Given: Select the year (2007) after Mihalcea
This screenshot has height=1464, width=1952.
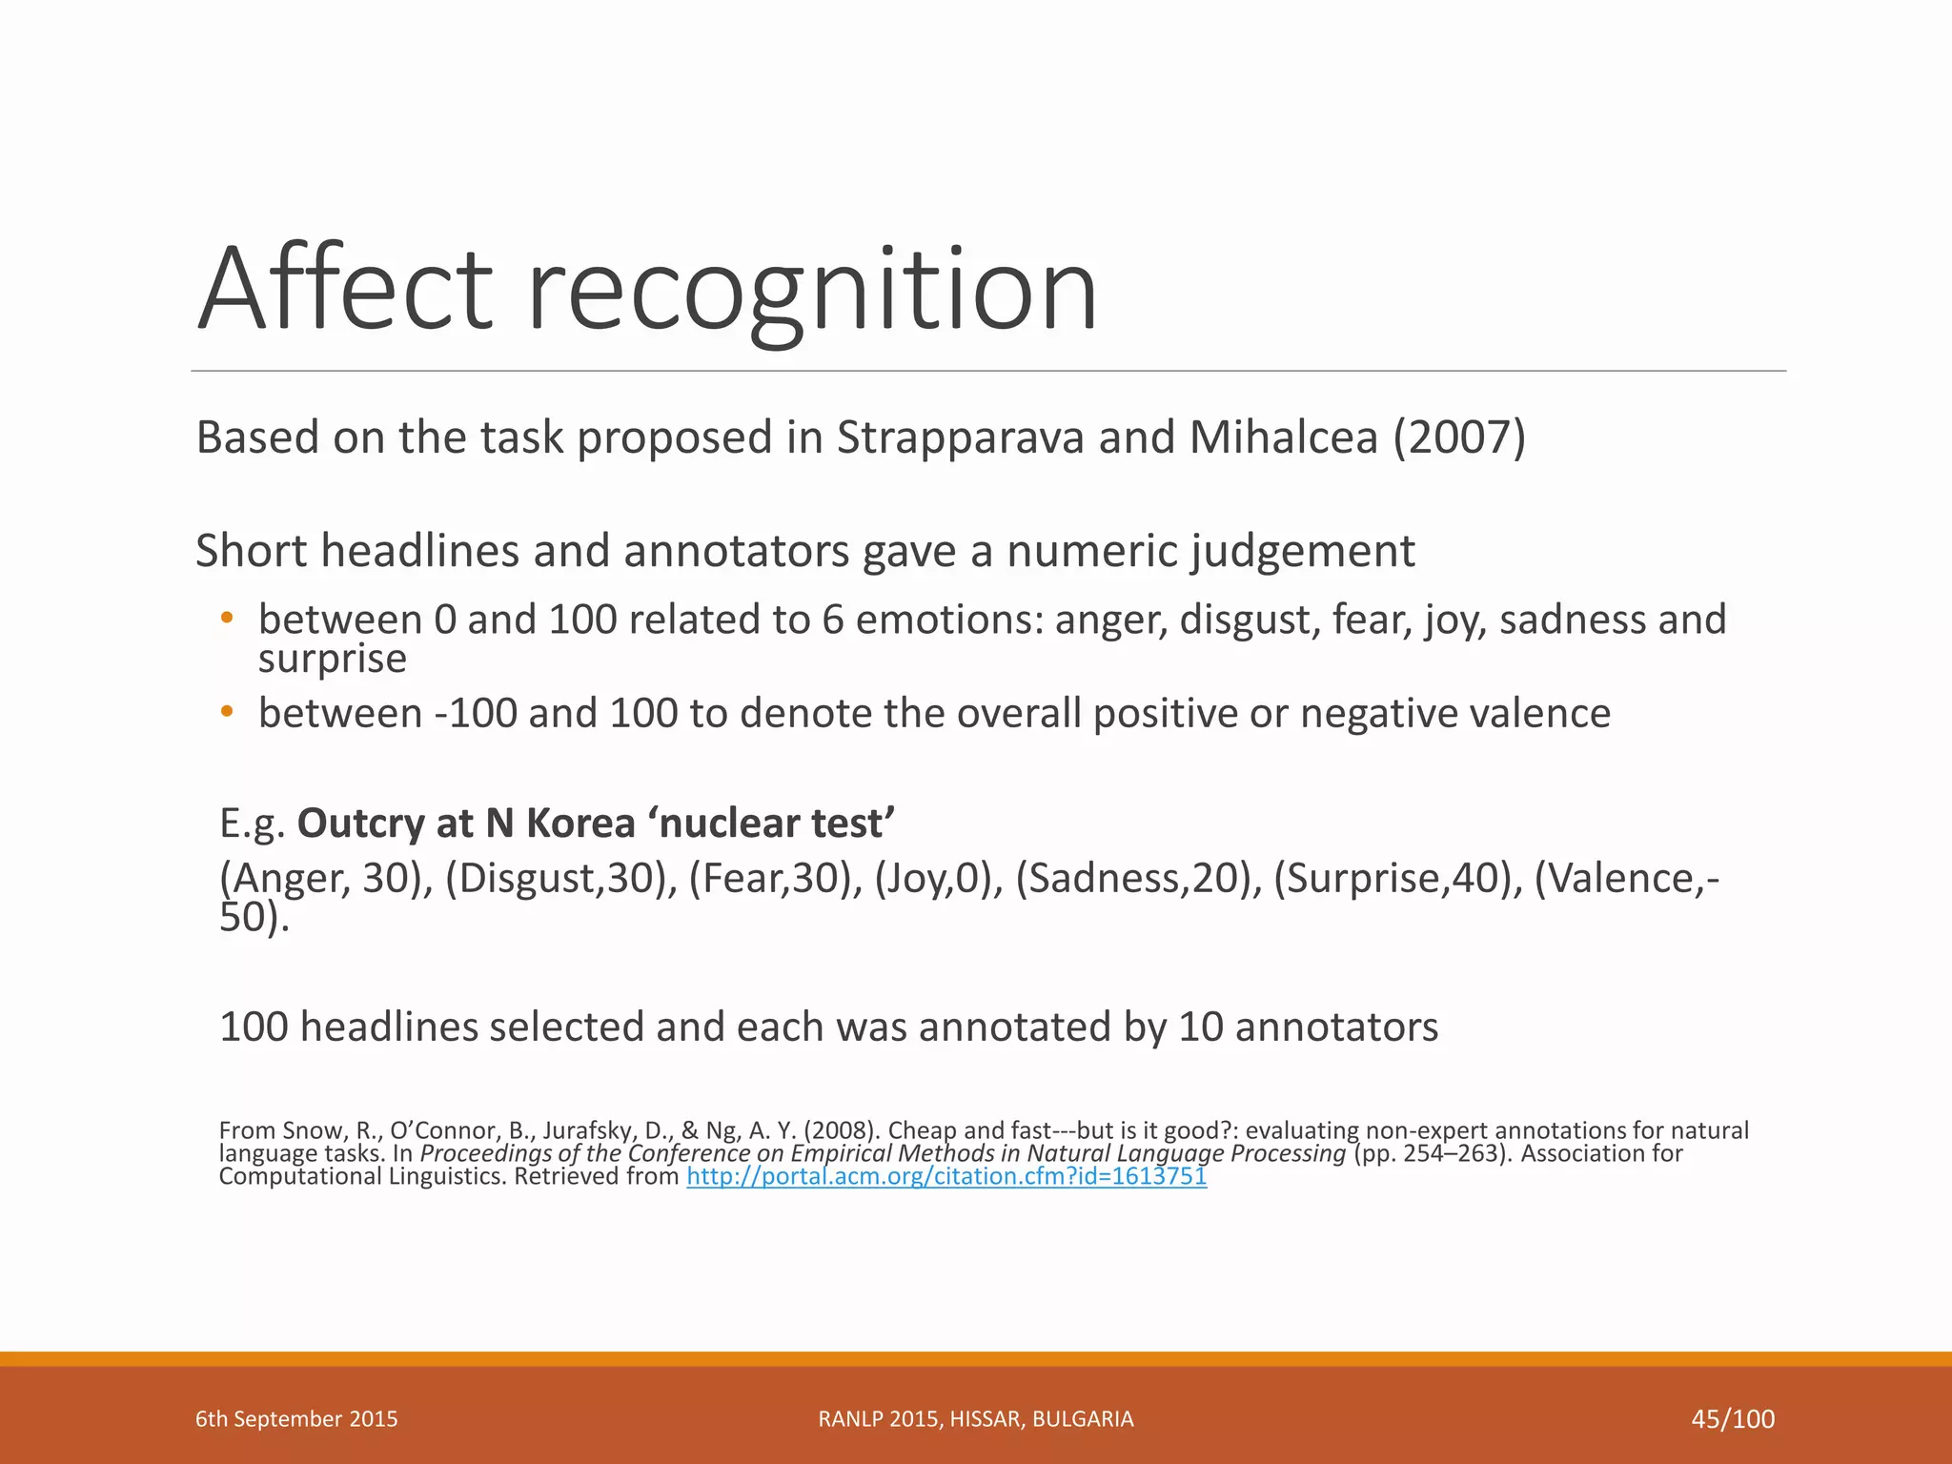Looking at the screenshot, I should (1459, 437).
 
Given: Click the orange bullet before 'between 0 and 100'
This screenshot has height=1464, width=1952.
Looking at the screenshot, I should (226, 620).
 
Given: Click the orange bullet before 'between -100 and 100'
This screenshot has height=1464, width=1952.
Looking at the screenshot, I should (226, 712).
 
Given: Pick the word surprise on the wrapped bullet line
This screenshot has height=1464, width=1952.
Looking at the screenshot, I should (332, 659).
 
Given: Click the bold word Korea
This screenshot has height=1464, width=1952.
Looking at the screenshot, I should (580, 823).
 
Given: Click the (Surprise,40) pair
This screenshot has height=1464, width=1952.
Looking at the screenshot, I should (1398, 878).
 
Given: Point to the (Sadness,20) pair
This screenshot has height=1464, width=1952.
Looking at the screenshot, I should (1133, 878).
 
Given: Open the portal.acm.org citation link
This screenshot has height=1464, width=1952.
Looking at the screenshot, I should (946, 1176).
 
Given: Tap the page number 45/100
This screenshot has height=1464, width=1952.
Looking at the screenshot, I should (1733, 1419).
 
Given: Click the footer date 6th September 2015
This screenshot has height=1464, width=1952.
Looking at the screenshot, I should (296, 1419).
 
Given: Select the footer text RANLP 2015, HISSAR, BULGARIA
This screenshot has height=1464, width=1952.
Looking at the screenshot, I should (976, 1419).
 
